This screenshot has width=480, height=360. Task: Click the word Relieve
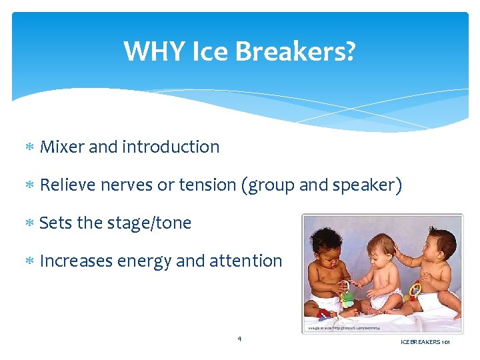click(68, 185)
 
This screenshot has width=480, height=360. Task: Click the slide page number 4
click(239, 339)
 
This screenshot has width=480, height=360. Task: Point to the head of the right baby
click(433, 243)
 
